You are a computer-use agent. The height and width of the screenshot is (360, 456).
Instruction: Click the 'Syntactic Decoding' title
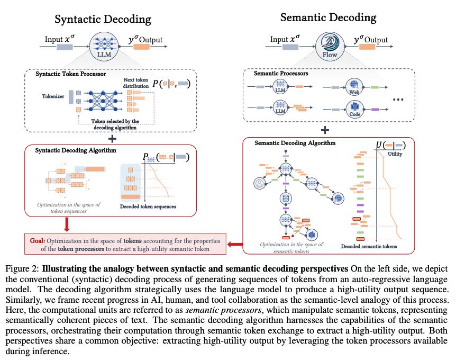point(103,20)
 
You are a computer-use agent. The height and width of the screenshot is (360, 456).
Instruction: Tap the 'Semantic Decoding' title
point(328,17)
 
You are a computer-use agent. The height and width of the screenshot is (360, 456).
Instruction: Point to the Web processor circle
point(353,86)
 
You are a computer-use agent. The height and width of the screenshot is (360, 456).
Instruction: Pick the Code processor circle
point(353,109)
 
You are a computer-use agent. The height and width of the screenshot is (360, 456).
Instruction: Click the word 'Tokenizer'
point(53,97)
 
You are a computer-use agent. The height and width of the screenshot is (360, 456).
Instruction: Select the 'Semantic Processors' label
point(281,74)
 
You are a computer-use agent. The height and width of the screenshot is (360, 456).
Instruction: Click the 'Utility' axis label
point(395,154)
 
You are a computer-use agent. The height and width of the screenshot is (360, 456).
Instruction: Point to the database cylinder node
point(286,198)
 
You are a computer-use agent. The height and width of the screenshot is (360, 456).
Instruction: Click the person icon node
point(260,184)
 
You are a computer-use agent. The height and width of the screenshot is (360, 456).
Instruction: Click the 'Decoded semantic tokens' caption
point(369,247)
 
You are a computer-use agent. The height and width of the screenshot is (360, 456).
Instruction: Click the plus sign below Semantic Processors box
point(325,130)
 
